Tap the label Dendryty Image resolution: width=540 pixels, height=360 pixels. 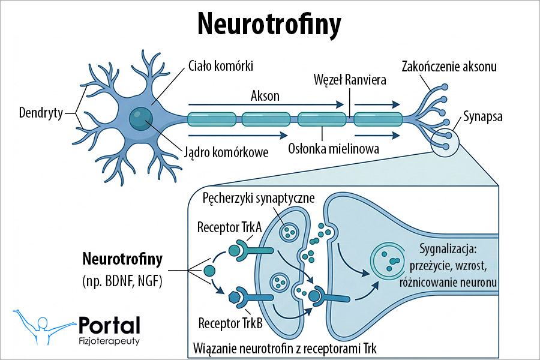click(41, 112)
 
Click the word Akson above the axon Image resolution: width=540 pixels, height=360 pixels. click(265, 95)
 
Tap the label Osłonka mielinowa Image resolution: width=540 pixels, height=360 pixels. click(334, 148)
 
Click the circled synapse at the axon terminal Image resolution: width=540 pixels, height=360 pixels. click(445, 143)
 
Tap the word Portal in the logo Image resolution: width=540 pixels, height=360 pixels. click(109, 325)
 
